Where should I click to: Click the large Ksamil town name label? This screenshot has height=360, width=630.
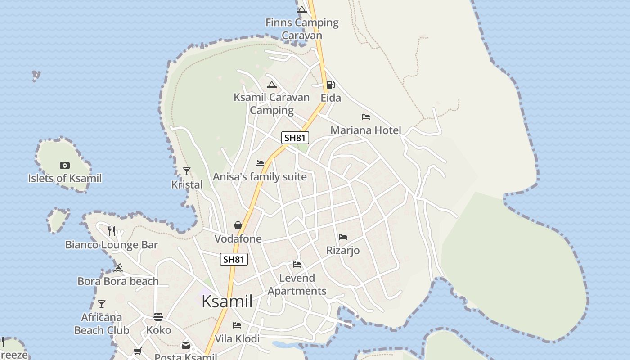[x=227, y=301]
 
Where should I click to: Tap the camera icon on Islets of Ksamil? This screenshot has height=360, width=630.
[x=65, y=166]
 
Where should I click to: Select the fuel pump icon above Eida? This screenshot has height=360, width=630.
[x=330, y=85]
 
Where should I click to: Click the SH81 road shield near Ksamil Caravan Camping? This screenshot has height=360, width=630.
[x=295, y=138]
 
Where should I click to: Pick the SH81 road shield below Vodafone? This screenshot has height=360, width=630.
[x=234, y=259]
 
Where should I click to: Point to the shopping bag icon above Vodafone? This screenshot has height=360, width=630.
[x=238, y=225]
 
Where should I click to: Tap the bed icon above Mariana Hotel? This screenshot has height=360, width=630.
[x=366, y=117]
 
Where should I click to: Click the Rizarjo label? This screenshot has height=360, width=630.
[x=343, y=250]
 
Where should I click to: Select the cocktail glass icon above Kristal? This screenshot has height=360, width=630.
[x=187, y=171]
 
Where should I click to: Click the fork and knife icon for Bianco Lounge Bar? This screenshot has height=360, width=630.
[x=112, y=231]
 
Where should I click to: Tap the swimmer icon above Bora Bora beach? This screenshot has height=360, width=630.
[x=118, y=268]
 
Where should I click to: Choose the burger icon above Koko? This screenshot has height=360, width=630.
[x=158, y=317]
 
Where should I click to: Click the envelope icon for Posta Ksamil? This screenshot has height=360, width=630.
[x=185, y=345]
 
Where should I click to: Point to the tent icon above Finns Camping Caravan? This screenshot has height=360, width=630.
[x=302, y=9]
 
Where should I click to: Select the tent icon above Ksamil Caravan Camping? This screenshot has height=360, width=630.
[x=271, y=85]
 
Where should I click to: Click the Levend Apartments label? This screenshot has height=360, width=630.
[x=297, y=284]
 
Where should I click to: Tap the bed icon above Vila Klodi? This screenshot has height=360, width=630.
[x=237, y=325]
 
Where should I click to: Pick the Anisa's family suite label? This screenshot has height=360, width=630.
[x=260, y=177]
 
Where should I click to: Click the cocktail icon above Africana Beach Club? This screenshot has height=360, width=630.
[x=102, y=304]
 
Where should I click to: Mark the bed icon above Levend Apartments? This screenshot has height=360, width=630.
[x=297, y=265]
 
